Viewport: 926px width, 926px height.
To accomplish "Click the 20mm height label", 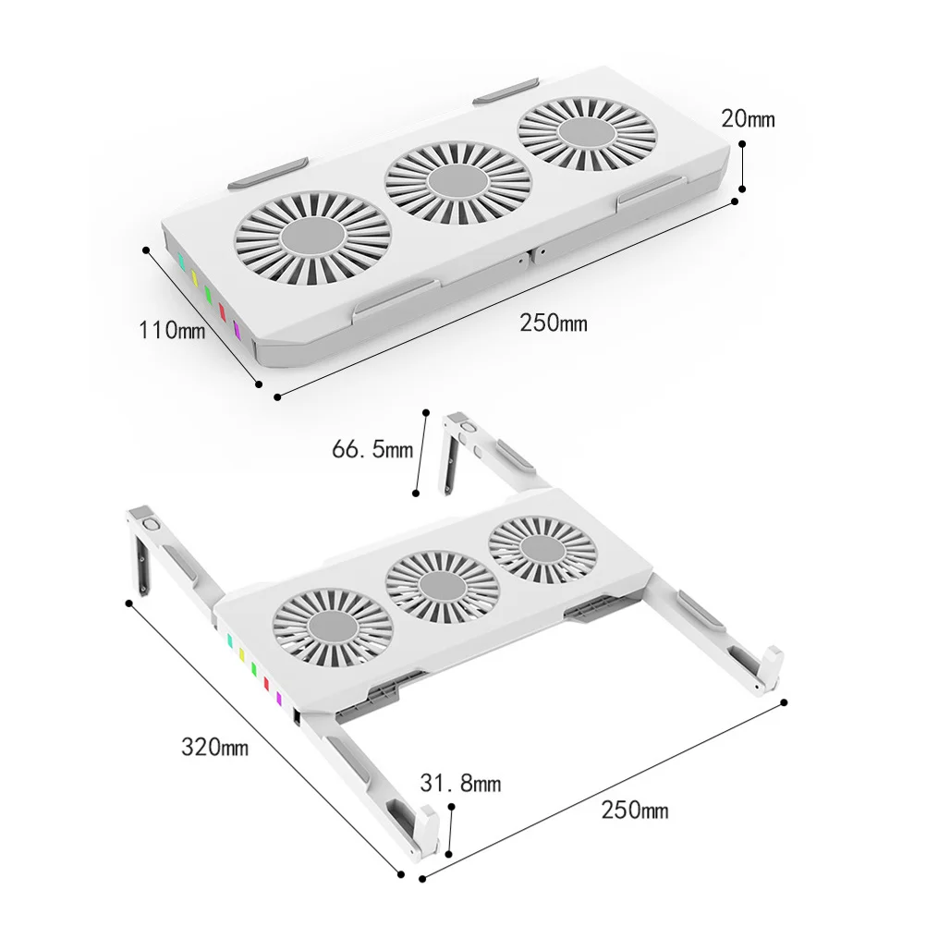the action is click(x=748, y=118).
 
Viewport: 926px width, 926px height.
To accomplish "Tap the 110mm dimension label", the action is click(x=172, y=330).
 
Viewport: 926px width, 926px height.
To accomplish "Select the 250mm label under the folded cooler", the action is click(x=554, y=323).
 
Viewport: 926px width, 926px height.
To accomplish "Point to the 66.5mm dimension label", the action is click(x=372, y=449).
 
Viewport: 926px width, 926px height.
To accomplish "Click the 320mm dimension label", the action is click(x=214, y=747).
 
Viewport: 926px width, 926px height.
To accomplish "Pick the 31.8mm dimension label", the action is click(x=460, y=783).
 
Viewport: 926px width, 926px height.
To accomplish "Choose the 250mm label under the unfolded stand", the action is click(x=635, y=809).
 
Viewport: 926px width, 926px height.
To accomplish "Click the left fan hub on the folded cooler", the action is click(x=313, y=237).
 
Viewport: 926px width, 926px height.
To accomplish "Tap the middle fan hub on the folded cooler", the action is click(x=458, y=181).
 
